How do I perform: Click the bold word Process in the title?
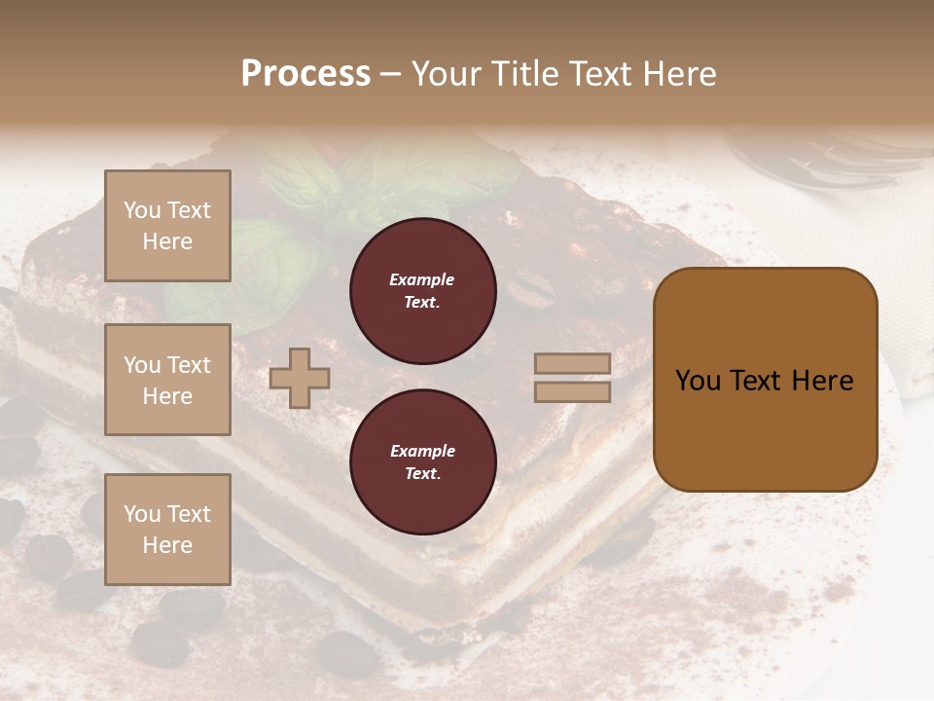click(x=305, y=74)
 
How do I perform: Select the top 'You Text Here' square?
click(x=167, y=226)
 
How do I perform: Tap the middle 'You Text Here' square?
click(x=167, y=380)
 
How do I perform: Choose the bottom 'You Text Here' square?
click(x=167, y=530)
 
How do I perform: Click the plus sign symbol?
click(x=300, y=378)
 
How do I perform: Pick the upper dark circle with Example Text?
click(x=422, y=291)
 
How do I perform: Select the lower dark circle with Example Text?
click(x=422, y=462)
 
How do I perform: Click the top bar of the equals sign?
click(x=572, y=364)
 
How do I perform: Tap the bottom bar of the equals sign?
click(x=572, y=391)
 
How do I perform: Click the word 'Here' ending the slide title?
click(x=680, y=74)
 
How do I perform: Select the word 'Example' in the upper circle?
click(x=421, y=280)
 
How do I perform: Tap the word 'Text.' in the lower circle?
click(x=421, y=474)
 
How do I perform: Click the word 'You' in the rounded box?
click(x=698, y=381)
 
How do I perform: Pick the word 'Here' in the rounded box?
click(x=822, y=381)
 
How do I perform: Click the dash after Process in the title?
click(x=389, y=75)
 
